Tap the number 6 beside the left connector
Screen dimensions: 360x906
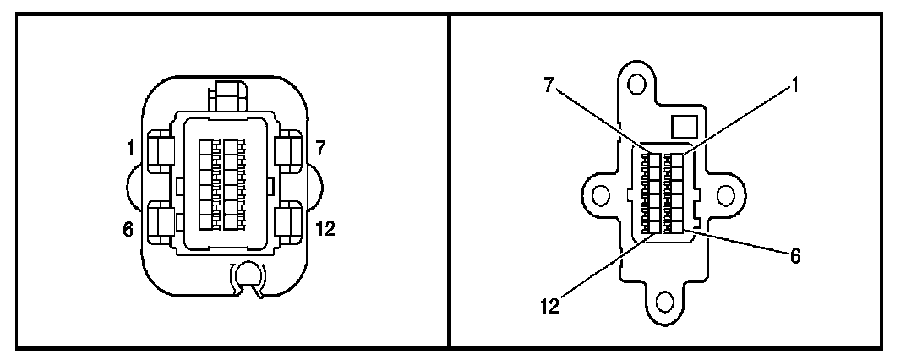tap(128, 229)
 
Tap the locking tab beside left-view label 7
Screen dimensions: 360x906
tap(290, 151)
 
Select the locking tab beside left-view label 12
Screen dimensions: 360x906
tap(290, 222)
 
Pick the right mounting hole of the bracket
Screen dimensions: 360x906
tap(724, 195)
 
